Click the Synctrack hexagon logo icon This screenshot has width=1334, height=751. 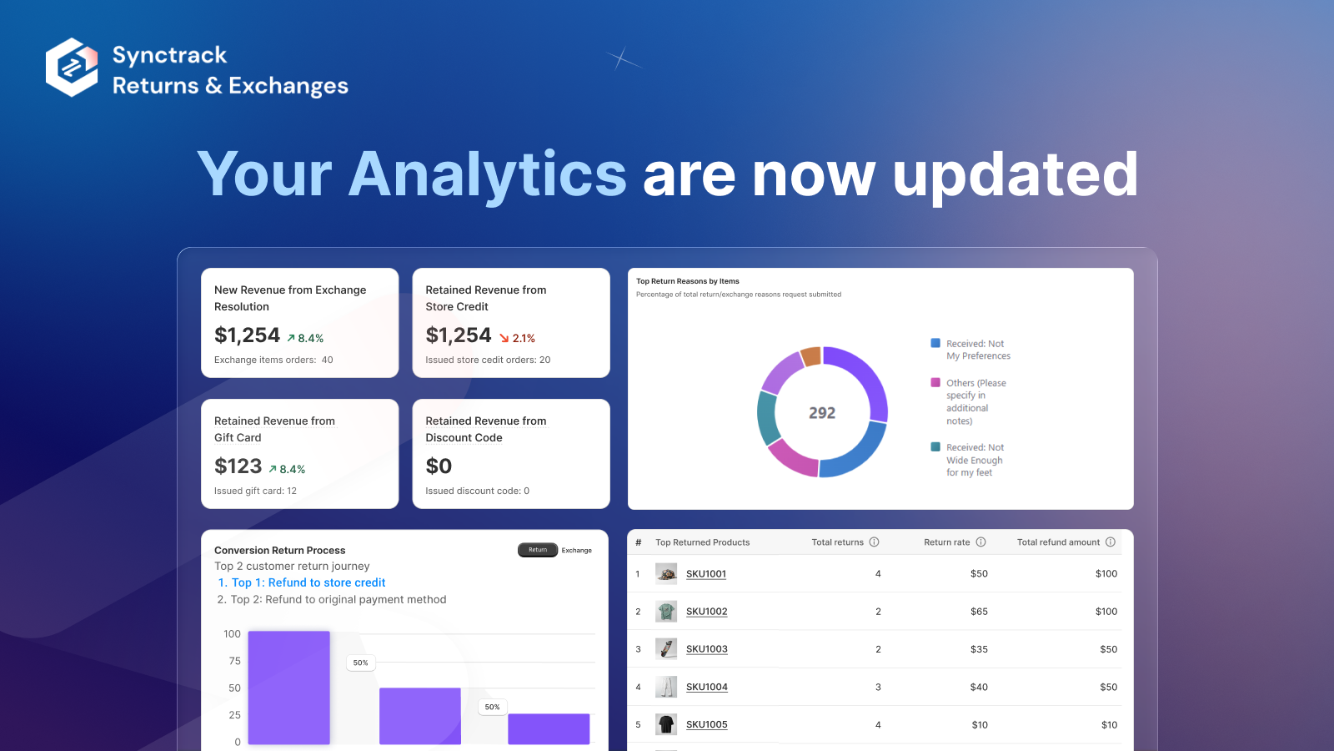tap(72, 68)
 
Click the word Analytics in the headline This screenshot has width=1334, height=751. tap(487, 174)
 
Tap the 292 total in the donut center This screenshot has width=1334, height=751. tap(822, 413)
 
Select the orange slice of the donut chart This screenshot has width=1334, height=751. tap(810, 357)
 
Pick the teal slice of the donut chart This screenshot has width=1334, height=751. tap(767, 416)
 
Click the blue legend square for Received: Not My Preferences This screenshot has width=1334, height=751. tap(935, 343)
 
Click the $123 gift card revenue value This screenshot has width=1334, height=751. tap(238, 466)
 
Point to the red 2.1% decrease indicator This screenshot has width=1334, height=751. tap(518, 338)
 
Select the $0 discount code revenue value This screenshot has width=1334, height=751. tap(439, 466)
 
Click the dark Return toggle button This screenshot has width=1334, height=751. tap(538, 550)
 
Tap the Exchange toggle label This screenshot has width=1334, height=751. tap(576, 551)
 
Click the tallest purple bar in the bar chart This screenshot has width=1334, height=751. tap(288, 688)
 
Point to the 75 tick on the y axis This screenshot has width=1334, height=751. tap(234, 661)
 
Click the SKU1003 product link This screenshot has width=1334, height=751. tap(706, 649)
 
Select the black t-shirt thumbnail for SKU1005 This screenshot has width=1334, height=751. tap(666, 724)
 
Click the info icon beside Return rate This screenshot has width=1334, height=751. tap(980, 542)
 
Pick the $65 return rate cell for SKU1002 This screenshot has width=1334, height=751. tap(979, 612)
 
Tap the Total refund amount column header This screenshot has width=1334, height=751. tap(1058, 542)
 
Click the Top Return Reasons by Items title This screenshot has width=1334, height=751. tap(688, 281)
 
